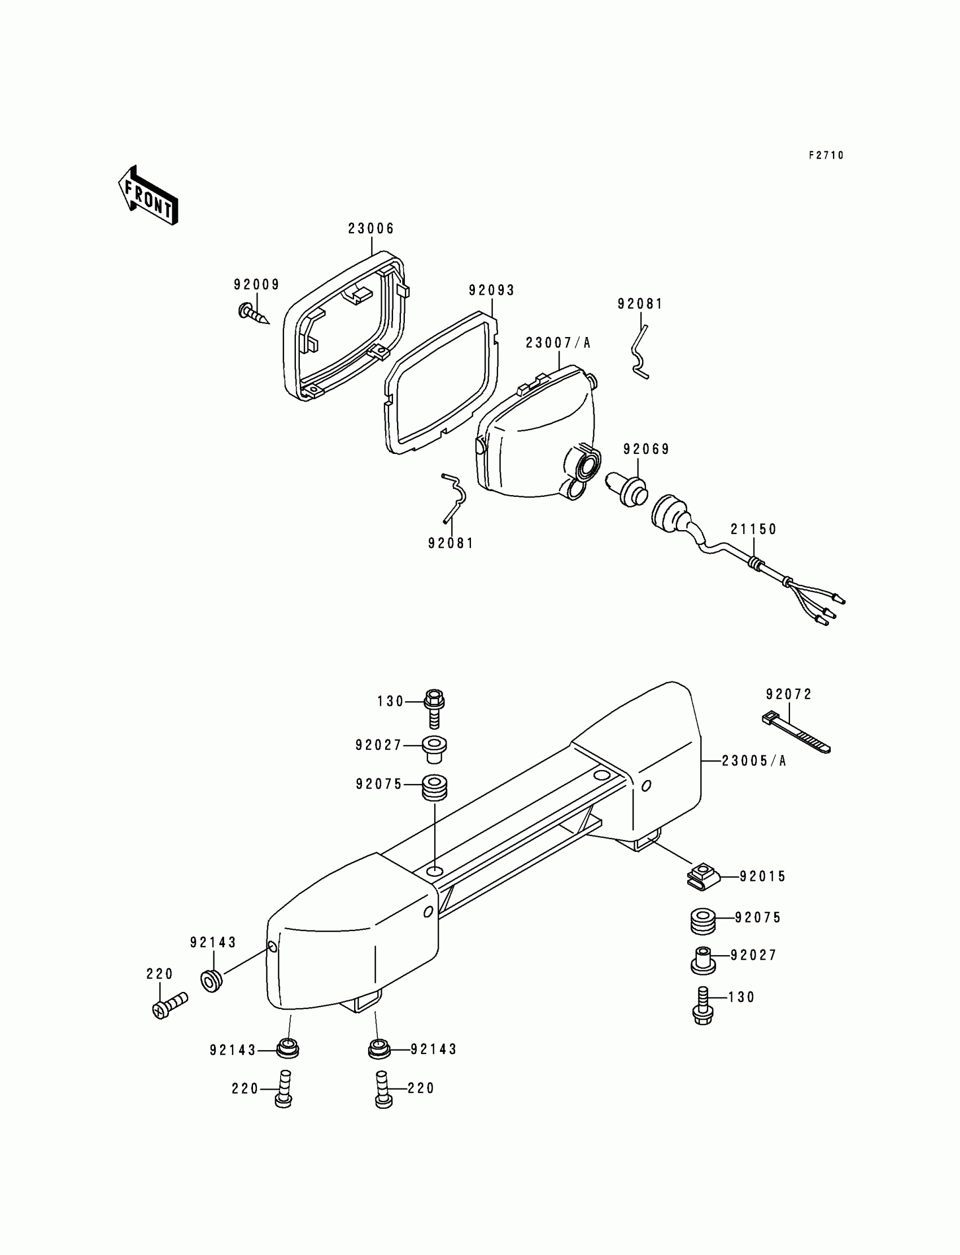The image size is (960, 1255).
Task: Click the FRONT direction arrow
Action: point(148,196)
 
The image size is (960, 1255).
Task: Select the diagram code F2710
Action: point(826,155)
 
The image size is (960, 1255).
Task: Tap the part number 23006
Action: point(371,229)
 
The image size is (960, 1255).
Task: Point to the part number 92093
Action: point(491,290)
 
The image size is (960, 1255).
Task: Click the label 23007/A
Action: point(558,343)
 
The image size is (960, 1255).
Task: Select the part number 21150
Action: point(754,530)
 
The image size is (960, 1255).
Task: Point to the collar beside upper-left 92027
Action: point(434,749)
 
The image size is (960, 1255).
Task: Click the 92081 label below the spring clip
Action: point(451,543)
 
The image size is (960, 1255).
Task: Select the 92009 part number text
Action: point(256,285)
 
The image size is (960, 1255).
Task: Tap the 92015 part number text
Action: point(763,876)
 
